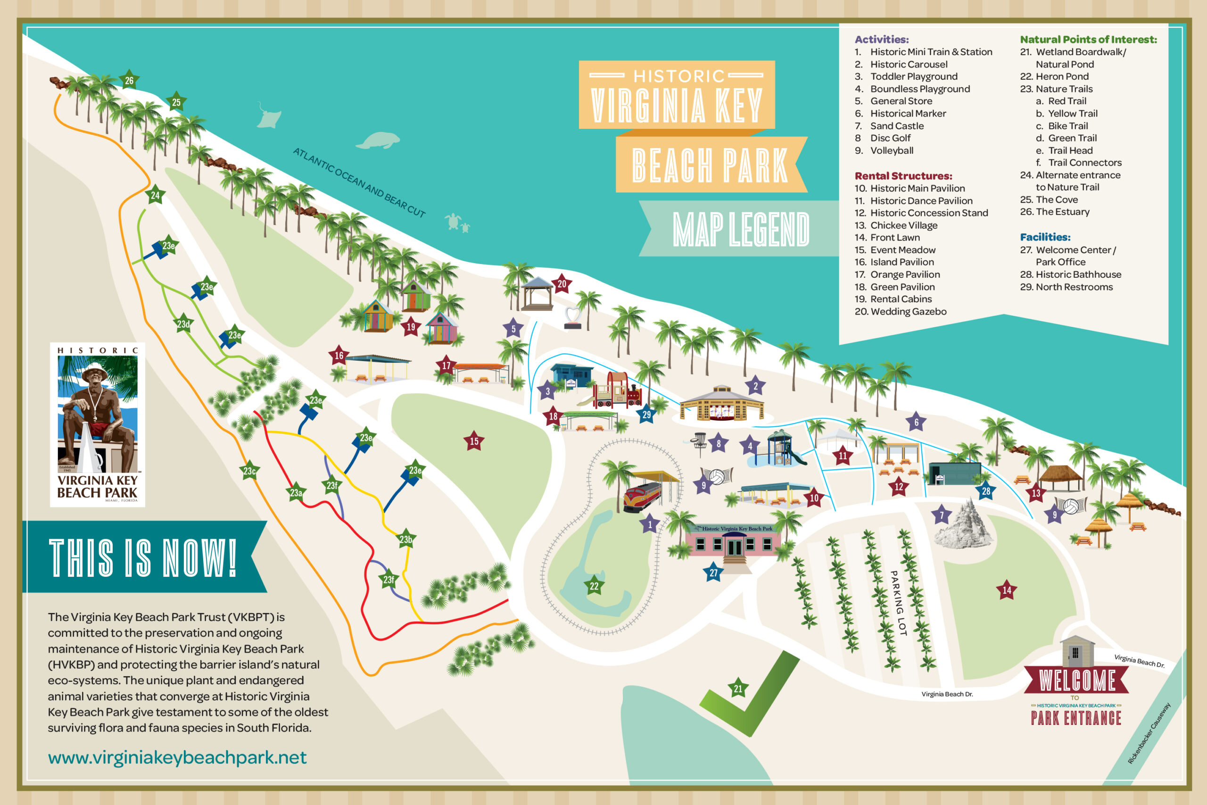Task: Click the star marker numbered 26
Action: [129, 80]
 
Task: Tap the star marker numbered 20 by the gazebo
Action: [562, 283]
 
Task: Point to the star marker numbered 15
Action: [474, 441]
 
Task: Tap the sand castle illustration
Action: [964, 525]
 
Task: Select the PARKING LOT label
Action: [898, 603]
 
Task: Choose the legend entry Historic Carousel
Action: [909, 64]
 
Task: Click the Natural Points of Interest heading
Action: [1088, 40]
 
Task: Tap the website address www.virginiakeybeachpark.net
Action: [177, 757]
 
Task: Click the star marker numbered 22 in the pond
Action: [594, 586]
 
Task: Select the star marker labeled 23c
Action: [249, 471]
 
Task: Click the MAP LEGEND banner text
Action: [741, 229]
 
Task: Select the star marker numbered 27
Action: [713, 573]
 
